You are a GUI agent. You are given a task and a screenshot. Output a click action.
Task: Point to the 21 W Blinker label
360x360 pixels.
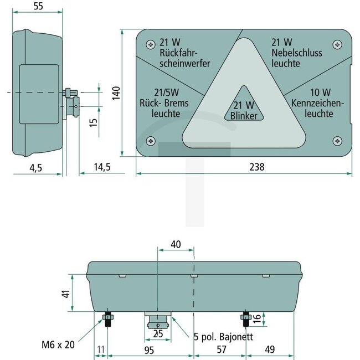pyautogui.click(x=244, y=110)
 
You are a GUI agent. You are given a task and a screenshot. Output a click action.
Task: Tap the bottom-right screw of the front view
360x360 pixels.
pyautogui.click(x=336, y=141)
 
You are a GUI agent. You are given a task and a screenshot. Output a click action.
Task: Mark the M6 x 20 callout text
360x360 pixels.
pyautogui.click(x=57, y=343)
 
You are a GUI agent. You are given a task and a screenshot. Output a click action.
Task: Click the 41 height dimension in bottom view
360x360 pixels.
pyautogui.click(x=66, y=295)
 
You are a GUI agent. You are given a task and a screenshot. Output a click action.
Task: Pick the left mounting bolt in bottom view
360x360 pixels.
pyautogui.click(x=107, y=320)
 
